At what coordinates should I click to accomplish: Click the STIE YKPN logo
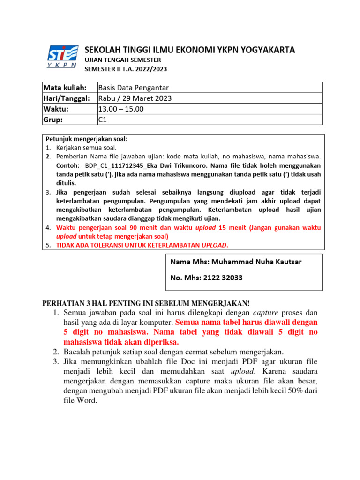(x=62, y=57)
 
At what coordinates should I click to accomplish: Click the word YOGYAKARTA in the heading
(x=266, y=50)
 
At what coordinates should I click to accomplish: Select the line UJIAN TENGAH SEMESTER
(x=122, y=60)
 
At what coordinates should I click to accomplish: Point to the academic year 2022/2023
(x=150, y=69)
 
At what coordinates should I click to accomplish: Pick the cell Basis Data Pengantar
(x=134, y=88)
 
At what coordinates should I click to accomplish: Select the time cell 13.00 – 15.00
(x=121, y=109)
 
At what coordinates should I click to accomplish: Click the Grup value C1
(x=103, y=120)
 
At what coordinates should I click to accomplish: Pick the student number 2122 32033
(x=223, y=277)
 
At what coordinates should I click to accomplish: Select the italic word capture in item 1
(x=266, y=313)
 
